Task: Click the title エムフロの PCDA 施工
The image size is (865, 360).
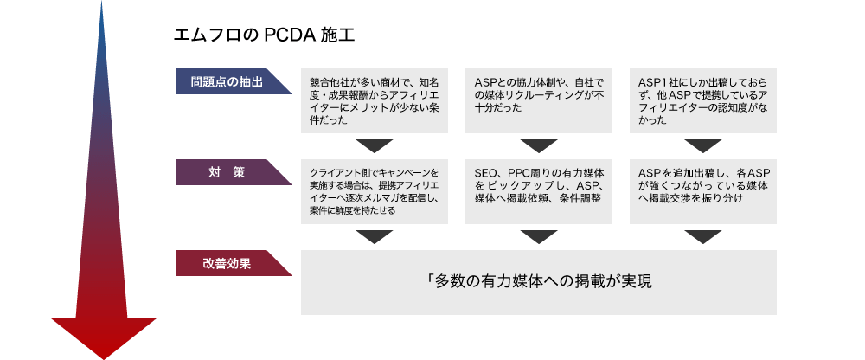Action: tap(264, 35)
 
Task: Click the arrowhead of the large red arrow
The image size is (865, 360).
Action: tap(104, 337)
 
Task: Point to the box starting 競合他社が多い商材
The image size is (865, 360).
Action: tap(374, 100)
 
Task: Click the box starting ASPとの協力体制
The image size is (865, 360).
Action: tap(538, 100)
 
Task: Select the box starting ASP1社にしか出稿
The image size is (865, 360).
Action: tap(702, 100)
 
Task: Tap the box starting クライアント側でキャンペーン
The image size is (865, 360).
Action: tap(374, 191)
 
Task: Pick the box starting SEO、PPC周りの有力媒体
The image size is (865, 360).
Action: tap(538, 191)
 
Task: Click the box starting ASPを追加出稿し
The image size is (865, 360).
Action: tap(702, 191)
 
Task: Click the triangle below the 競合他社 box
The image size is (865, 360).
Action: tap(374, 145)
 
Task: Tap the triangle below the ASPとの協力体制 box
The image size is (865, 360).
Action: tap(539, 145)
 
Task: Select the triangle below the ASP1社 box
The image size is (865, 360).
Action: tap(703, 145)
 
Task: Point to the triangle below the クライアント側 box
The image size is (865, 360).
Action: tap(374, 236)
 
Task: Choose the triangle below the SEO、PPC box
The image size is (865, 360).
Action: tap(539, 236)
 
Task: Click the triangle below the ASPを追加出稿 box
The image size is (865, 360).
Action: tap(703, 236)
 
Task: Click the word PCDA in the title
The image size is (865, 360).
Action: tap(289, 35)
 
